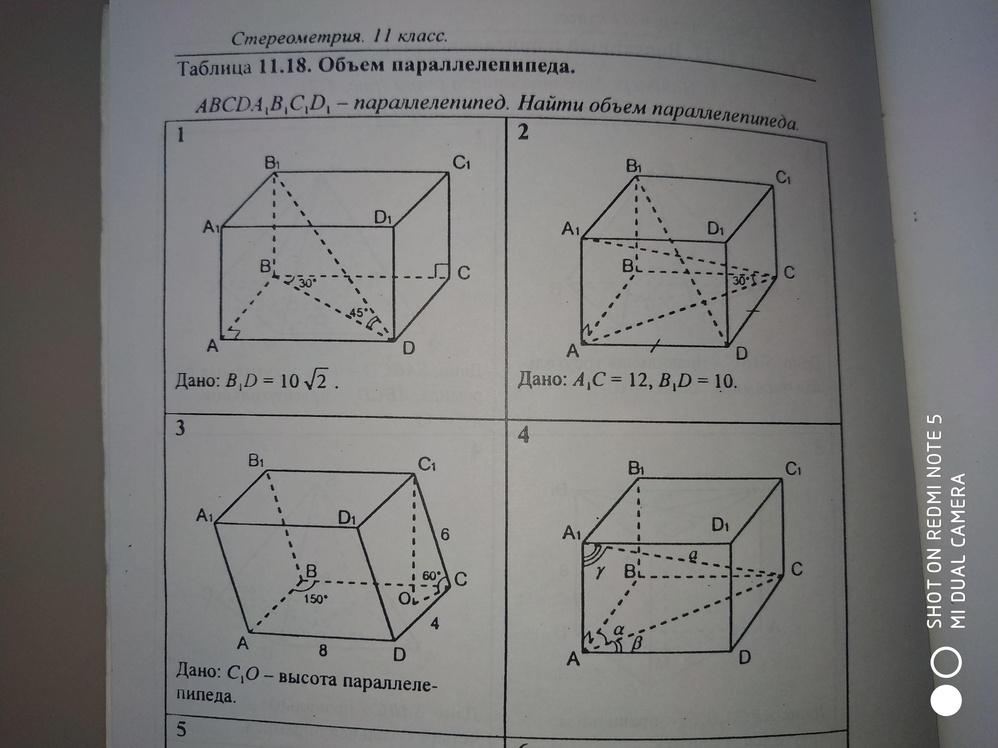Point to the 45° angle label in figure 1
click(357, 312)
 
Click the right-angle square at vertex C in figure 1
click(440, 271)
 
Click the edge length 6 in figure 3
click(445, 534)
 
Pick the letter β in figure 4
click(636, 645)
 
